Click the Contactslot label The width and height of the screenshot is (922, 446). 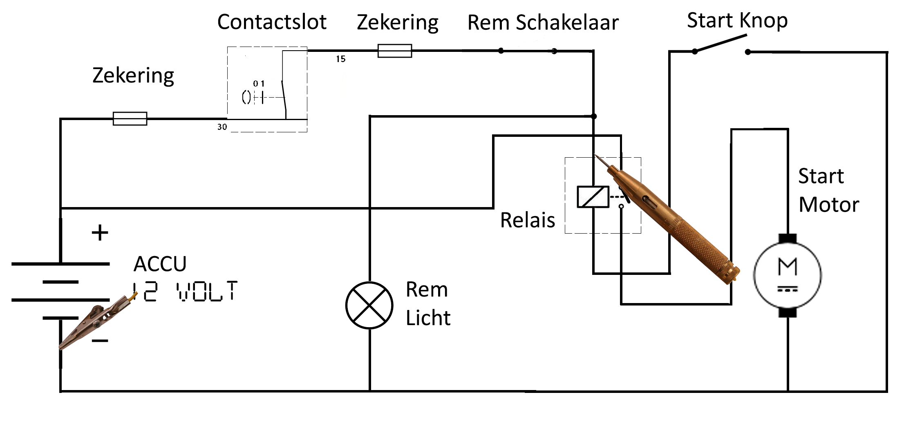pos(272,22)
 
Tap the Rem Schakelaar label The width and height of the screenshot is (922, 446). pos(543,22)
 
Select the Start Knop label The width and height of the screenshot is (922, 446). pos(737,20)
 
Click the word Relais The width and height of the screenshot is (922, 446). pos(528,220)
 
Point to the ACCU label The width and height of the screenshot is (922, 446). pos(160,264)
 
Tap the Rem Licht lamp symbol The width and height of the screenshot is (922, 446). pos(369,305)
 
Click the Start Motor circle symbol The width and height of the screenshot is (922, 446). pos(788,275)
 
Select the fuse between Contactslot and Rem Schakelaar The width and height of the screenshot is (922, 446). pos(395,51)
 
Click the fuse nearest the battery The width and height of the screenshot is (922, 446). pos(130,118)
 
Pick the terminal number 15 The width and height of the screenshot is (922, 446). pos(341,59)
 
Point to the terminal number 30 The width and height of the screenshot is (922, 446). pos(222,127)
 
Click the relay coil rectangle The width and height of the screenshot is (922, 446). pos(593,197)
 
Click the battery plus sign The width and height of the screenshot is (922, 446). pos(100,233)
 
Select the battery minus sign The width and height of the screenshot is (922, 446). pos(100,341)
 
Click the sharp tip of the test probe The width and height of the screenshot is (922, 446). pos(595,155)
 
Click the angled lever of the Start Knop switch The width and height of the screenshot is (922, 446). pos(721,43)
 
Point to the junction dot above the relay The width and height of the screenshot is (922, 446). pos(594,116)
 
